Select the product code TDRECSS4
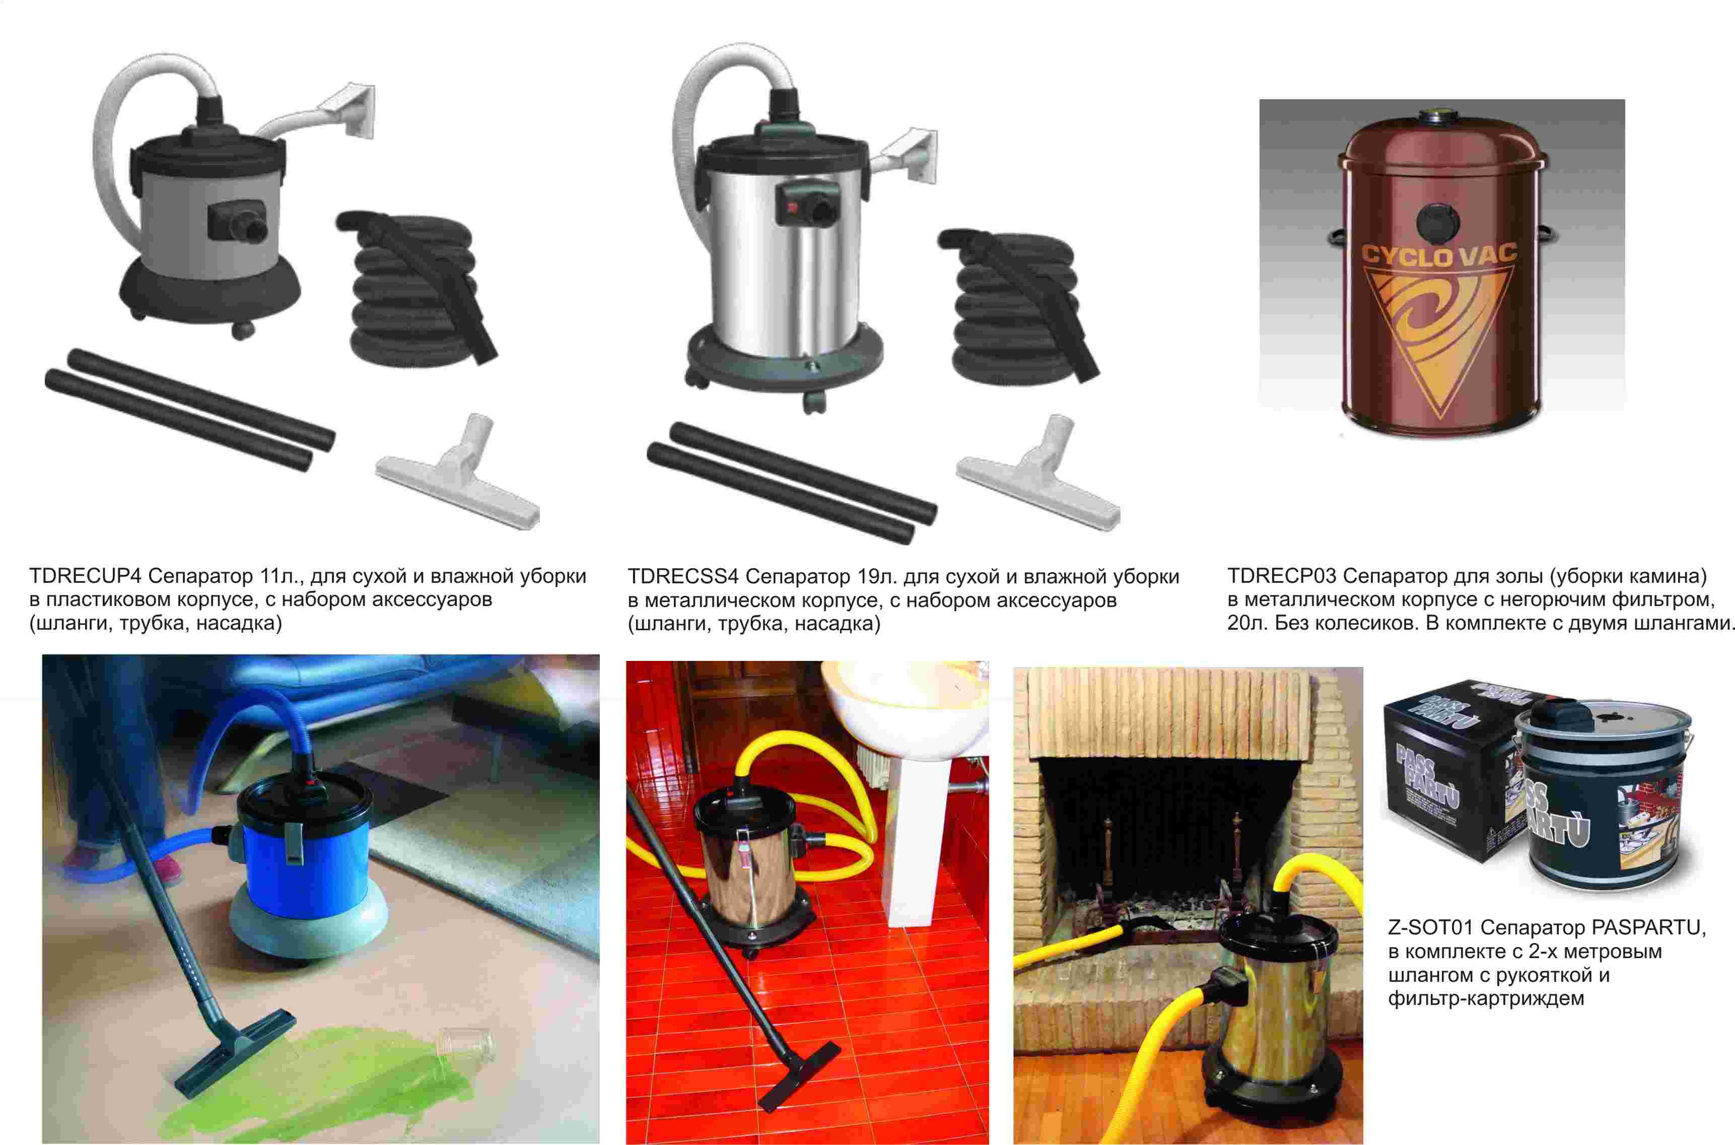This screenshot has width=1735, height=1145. pos(684,576)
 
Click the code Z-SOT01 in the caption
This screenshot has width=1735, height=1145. pos(1433,927)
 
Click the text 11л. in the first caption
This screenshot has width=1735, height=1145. pos(280,576)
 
